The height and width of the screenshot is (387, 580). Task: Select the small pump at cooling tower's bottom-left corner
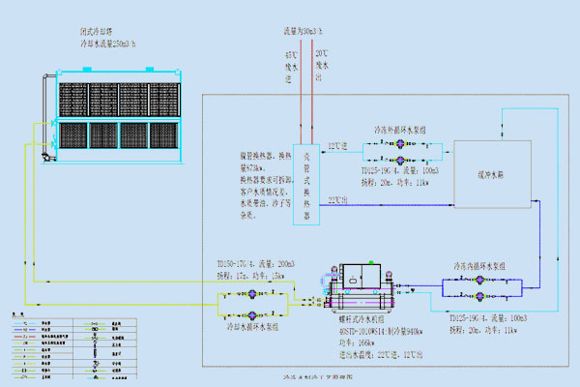pyautogui.click(x=43, y=154)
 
